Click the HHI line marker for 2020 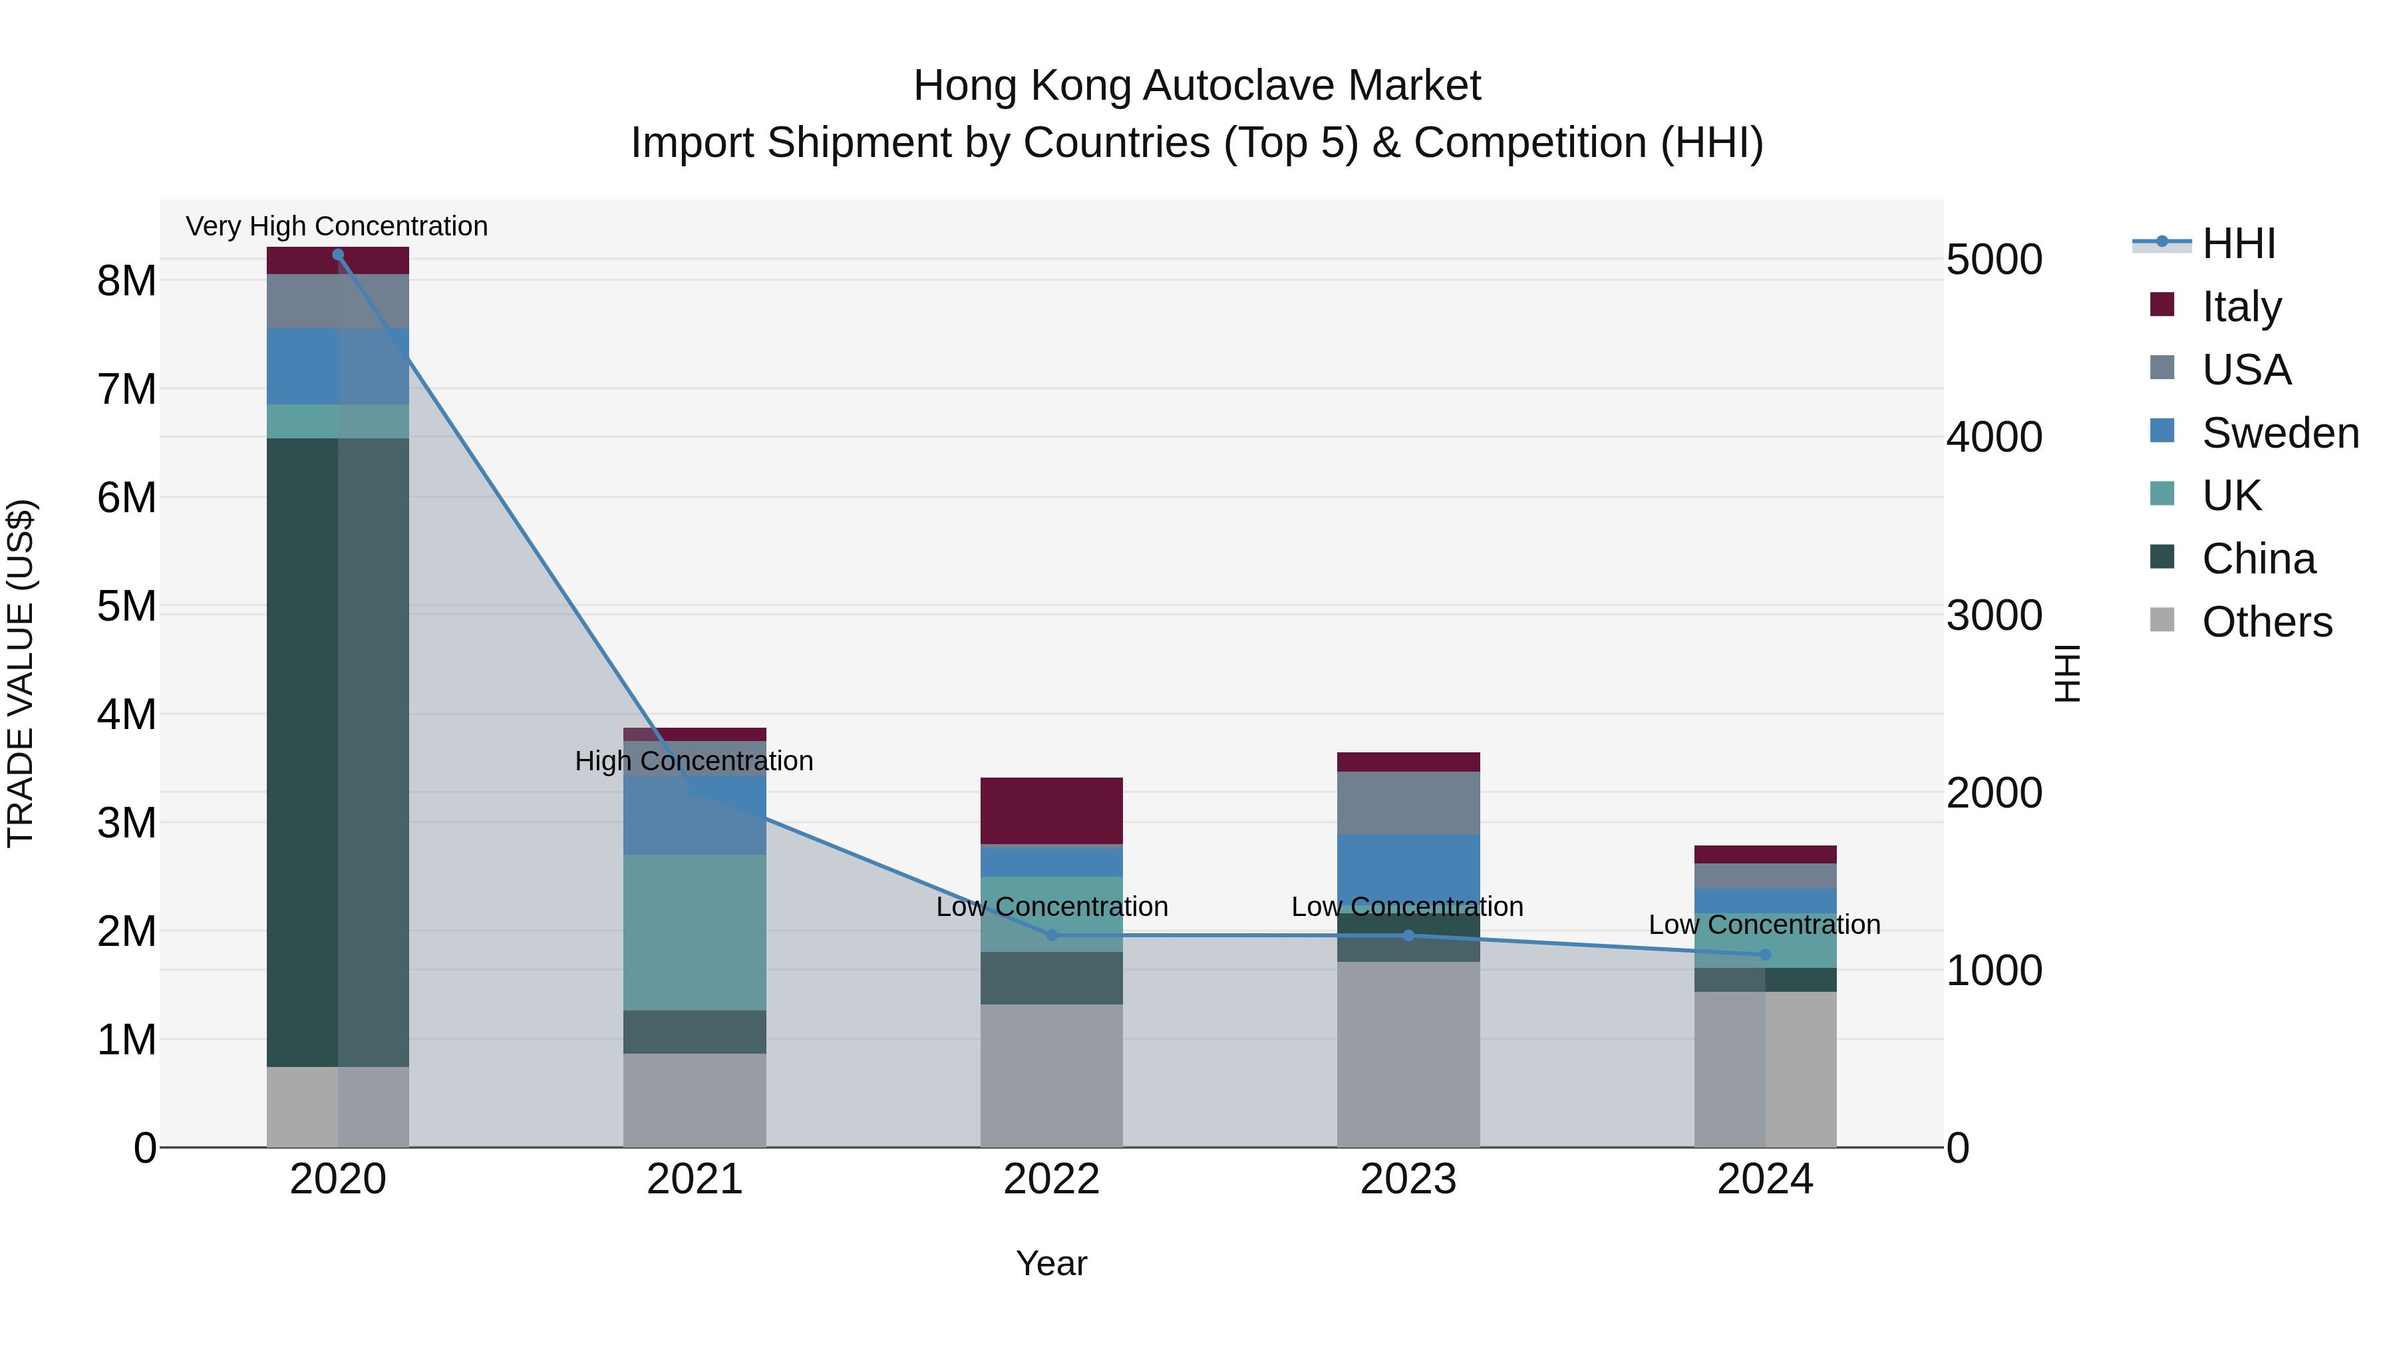click(337, 255)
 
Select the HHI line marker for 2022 click(1052, 935)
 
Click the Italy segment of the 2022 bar click(1052, 811)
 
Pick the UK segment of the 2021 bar click(695, 933)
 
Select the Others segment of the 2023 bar click(1408, 1054)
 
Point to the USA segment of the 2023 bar click(1408, 803)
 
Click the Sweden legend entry click(2280, 433)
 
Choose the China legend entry click(2259, 559)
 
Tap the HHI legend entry click(2239, 243)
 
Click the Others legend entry click(2267, 622)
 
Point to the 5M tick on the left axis click(127, 606)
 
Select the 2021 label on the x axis click(695, 1179)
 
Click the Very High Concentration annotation click(337, 226)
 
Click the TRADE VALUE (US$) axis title click(21, 673)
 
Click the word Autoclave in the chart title click(1240, 86)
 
